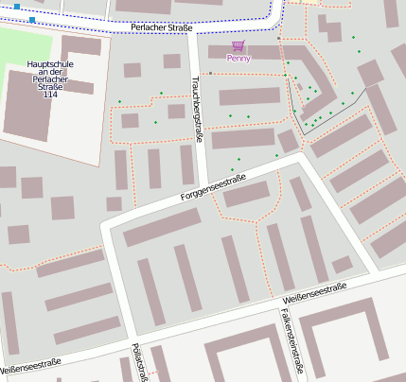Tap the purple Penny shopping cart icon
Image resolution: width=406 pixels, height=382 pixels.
click(238, 45)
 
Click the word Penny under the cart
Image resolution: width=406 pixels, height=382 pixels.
click(238, 59)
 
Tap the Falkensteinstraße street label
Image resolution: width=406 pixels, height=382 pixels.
click(287, 340)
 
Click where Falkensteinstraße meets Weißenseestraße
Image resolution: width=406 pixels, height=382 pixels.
click(280, 303)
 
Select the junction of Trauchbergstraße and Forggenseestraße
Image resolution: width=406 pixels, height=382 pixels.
click(203, 188)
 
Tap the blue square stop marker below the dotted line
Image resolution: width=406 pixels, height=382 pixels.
click(33, 19)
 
